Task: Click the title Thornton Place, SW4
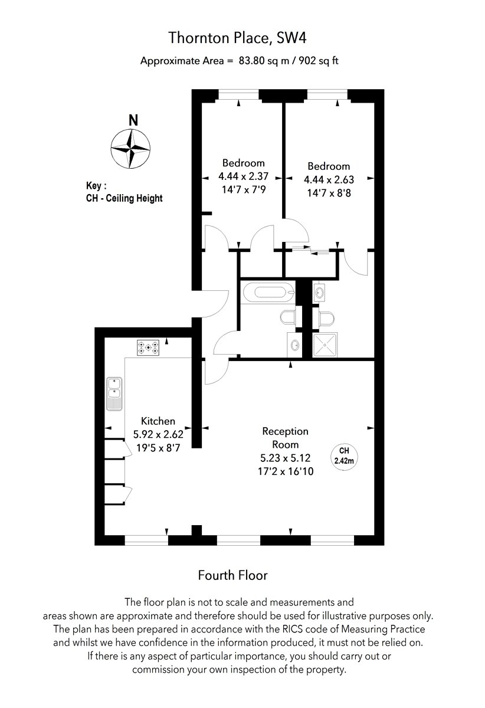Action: [237, 38]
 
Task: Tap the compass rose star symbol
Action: [130, 148]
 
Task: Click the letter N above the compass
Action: [133, 120]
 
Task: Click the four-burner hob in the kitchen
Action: [148, 347]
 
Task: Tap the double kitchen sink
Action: [114, 394]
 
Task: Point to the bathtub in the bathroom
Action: [268, 291]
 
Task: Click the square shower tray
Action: [325, 345]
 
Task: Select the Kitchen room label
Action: [158, 421]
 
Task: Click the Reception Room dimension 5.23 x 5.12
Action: [285, 458]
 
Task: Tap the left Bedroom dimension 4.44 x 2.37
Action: [243, 176]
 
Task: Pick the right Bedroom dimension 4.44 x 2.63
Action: [329, 179]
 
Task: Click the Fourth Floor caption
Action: [232, 575]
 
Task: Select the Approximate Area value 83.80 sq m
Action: [264, 60]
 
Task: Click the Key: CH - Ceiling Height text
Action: [124, 192]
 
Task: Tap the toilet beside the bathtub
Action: [288, 317]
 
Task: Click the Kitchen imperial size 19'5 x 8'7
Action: [158, 448]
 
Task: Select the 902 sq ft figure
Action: [319, 60]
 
